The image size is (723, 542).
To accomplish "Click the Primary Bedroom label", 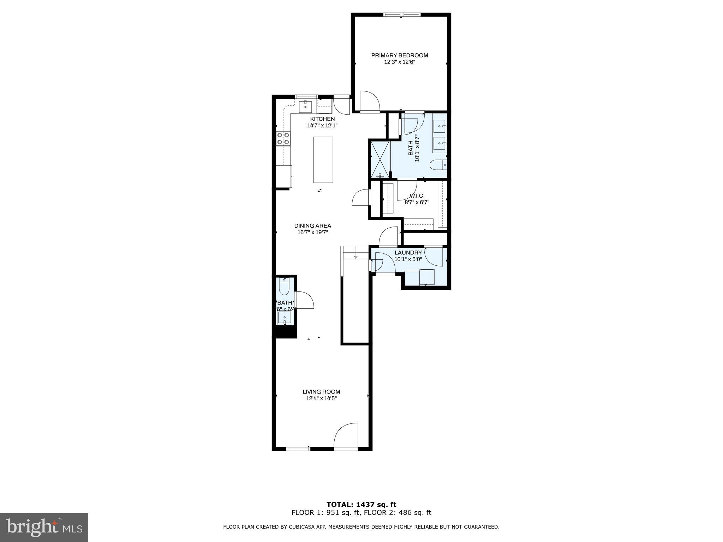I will (x=399, y=55).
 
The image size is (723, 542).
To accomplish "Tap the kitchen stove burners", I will (x=283, y=138).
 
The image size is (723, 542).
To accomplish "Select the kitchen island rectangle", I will (x=323, y=159).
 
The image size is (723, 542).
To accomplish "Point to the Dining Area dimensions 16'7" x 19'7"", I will (x=312, y=232).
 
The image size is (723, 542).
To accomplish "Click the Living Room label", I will (x=321, y=392).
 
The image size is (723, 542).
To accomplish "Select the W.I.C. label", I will (x=417, y=196).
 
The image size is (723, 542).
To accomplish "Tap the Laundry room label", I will (x=408, y=253).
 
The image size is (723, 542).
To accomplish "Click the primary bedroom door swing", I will (x=369, y=101).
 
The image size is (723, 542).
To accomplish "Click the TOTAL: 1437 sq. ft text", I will (x=361, y=505).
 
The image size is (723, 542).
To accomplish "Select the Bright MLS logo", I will (x=44, y=527).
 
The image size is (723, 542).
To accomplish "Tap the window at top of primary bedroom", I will (x=402, y=15).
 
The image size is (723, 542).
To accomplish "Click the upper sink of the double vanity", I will (x=440, y=125).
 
